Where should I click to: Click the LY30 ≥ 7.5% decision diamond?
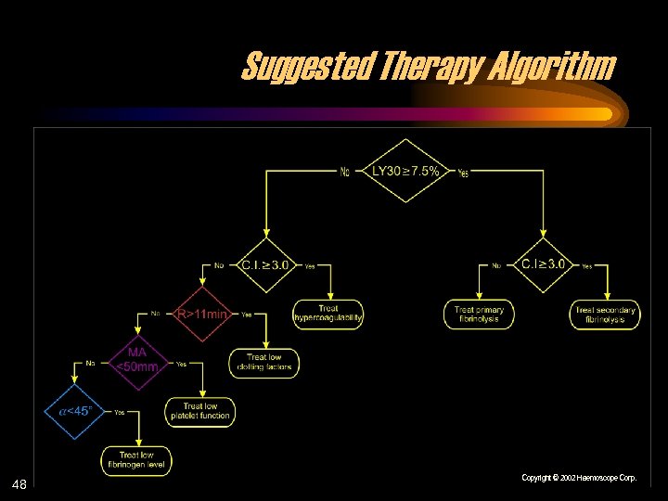tap(405, 171)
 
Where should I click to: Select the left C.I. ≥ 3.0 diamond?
tap(265, 264)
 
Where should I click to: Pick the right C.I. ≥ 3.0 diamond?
tap(543, 264)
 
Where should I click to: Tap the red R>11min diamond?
tap(201, 314)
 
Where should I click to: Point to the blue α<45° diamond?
tap(76, 410)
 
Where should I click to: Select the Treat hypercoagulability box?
tap(328, 315)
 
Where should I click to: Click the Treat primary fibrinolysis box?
tap(479, 315)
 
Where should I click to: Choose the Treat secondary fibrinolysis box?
tap(605, 315)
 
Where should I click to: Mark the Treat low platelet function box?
tap(200, 412)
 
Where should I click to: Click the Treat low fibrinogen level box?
tap(136, 460)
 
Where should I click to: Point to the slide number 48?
tap(19, 484)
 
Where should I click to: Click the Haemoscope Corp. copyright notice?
tap(579, 478)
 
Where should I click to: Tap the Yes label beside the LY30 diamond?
tap(463, 173)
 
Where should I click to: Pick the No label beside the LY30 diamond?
tap(345, 171)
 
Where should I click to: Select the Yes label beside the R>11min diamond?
tap(246, 315)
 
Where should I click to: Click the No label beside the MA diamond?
tap(90, 363)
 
